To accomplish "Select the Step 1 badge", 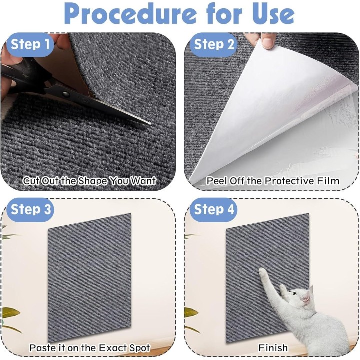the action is pos(30,44).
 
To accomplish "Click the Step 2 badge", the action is pos(214,44).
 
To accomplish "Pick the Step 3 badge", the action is pos(30,210).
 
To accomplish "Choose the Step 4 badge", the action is pos(214,210).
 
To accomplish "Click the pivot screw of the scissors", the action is pos(66,94).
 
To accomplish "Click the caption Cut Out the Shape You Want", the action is pos(89,181).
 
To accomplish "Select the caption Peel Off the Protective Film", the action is pos(273,181).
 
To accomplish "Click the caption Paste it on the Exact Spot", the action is pos(90,348).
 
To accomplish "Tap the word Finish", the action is pos(273,348).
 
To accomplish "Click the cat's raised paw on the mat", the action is pos(263,273).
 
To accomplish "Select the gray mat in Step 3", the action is pos(89,278).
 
